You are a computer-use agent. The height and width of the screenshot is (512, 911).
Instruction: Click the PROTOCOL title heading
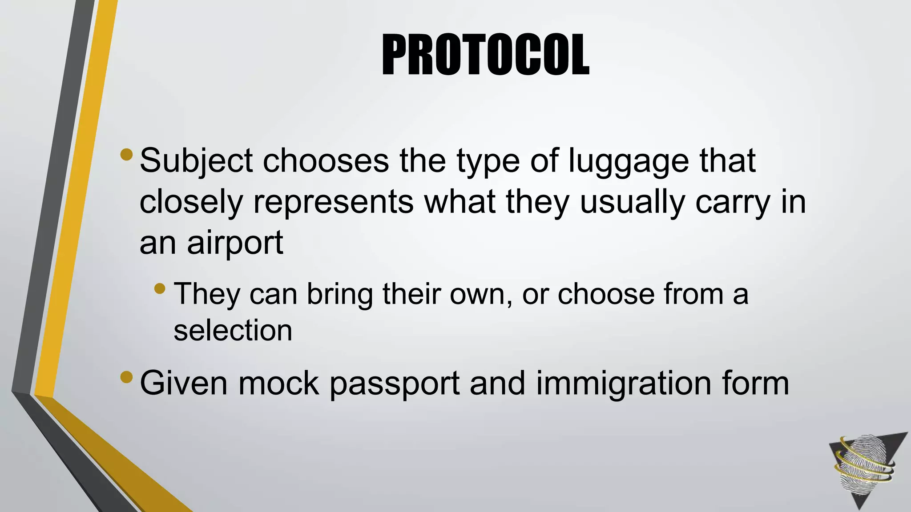(x=485, y=55)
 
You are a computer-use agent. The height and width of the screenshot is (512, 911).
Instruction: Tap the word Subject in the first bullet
(x=196, y=161)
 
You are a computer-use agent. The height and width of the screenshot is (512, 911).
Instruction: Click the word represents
(x=333, y=203)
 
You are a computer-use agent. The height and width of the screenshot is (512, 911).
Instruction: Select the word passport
(x=394, y=383)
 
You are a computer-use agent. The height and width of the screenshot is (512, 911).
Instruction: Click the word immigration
(x=623, y=383)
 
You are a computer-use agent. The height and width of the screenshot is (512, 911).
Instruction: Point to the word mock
(x=278, y=383)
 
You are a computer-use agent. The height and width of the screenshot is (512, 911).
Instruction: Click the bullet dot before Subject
(x=126, y=154)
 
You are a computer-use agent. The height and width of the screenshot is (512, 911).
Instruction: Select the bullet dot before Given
(x=126, y=377)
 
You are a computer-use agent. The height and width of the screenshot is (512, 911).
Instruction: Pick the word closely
(x=191, y=203)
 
